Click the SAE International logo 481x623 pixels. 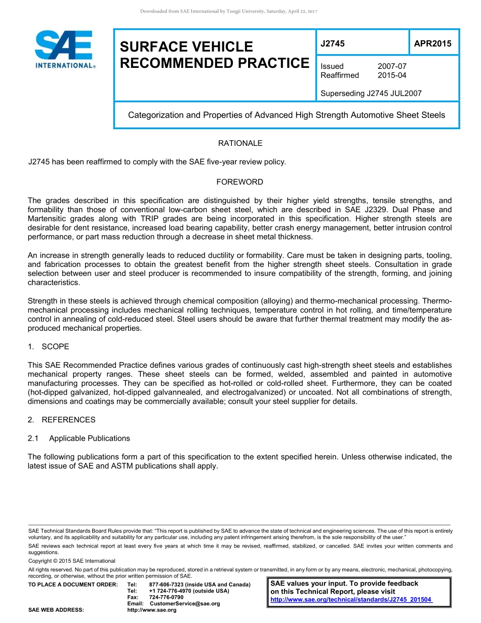pyautogui.click(x=64, y=49)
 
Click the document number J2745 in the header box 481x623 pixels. pyautogui.click(x=333, y=44)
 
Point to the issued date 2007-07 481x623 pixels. pyautogui.click(x=392, y=66)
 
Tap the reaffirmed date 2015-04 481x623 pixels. pyautogui.click(x=392, y=75)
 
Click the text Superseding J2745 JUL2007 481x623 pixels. pyautogui.click(x=371, y=93)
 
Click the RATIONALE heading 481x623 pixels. pyautogui.click(x=240, y=143)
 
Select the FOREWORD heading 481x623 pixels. pyautogui.click(x=240, y=182)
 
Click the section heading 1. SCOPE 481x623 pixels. pyautogui.click(x=49, y=346)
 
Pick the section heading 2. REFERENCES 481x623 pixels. pyautogui.click(x=61, y=419)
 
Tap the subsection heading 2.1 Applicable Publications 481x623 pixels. pyautogui.click(x=79, y=438)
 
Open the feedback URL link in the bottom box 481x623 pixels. pyautogui.click(x=351, y=600)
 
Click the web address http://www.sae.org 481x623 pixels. pyautogui.click(x=152, y=610)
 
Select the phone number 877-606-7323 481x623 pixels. pyautogui.click(x=167, y=585)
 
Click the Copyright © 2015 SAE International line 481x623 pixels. pyautogui.click(x=72, y=561)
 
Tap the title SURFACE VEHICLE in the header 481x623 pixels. pyautogui.click(x=186, y=47)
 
